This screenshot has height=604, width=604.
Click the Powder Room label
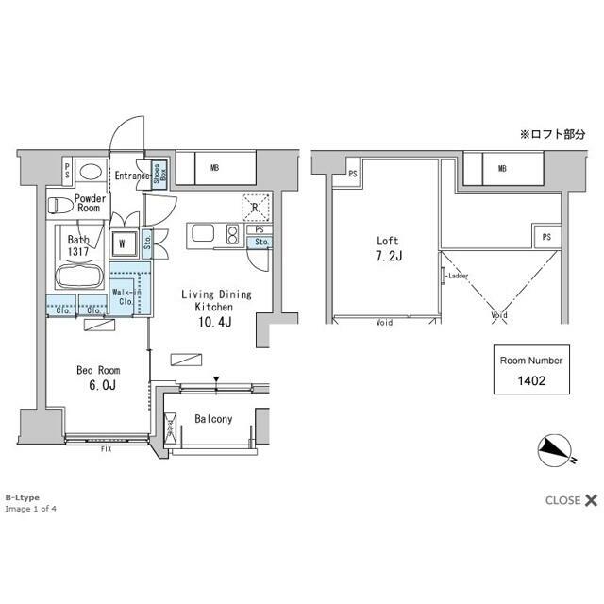coord(91,204)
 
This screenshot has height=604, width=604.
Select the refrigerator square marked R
coord(256,206)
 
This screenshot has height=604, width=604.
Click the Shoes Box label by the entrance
coord(162,173)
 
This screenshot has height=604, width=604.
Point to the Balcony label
coord(213,419)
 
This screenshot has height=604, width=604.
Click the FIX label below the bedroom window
coord(106,450)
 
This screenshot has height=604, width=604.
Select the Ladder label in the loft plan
coord(457,276)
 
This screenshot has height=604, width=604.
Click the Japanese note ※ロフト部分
coord(552,134)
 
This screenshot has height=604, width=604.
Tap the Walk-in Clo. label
coord(125,297)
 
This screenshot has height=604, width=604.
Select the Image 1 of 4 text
coord(30,509)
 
